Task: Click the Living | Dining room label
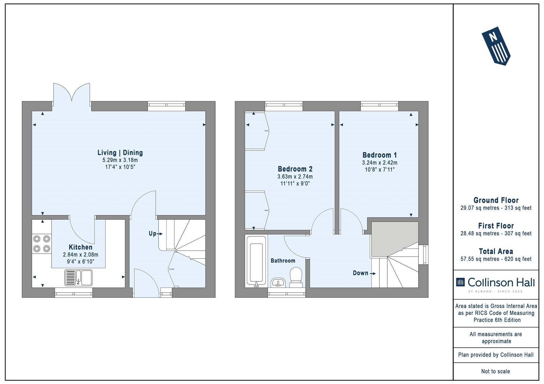120,152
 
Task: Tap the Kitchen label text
81,247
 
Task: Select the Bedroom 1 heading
379,155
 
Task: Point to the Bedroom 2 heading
295,169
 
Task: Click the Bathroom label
283,260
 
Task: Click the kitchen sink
79,277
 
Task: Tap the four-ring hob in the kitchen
41,244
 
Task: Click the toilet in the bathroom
296,278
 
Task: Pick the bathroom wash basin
278,282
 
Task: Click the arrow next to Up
159,234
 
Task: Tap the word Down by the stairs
361,273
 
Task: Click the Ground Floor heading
496,200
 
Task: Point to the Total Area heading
496,251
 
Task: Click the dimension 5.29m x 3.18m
120,160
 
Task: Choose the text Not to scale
496,371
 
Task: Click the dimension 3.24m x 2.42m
379,163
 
